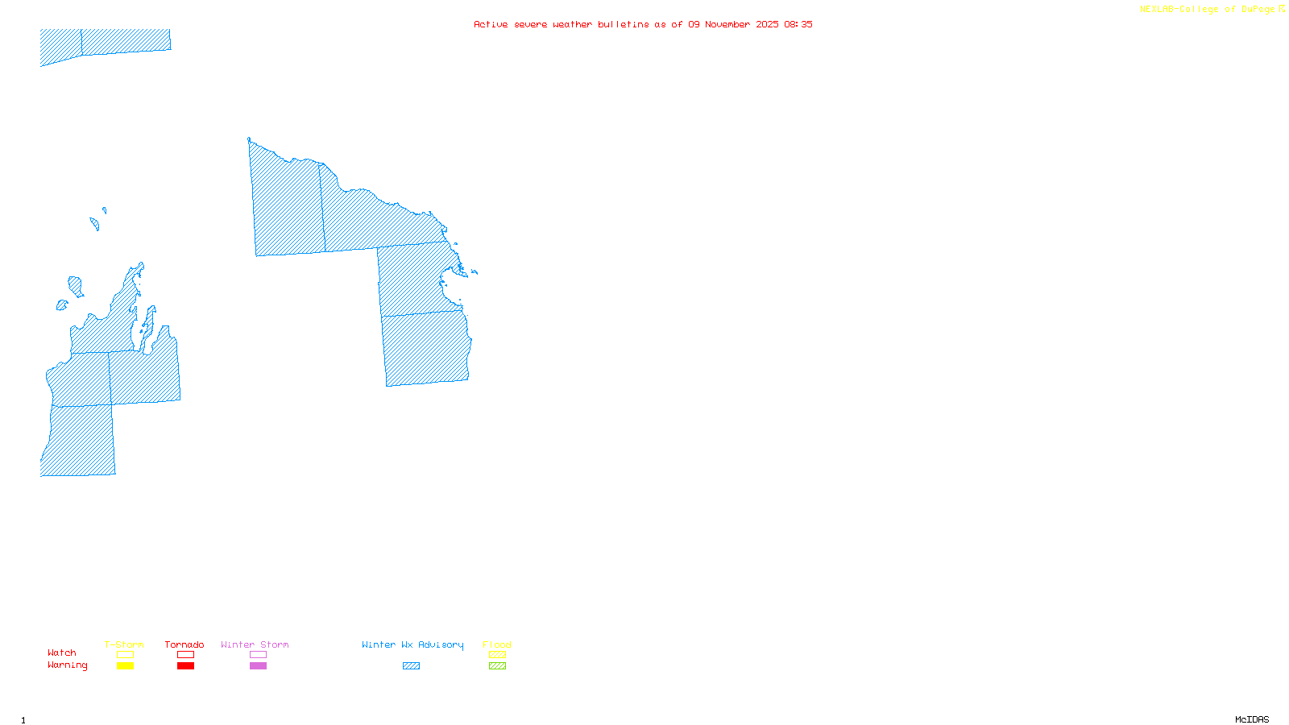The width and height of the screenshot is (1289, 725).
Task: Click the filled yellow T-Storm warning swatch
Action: (x=125, y=666)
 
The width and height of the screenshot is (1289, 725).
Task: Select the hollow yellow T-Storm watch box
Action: (x=125, y=655)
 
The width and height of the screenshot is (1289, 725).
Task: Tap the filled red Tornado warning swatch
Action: (x=185, y=666)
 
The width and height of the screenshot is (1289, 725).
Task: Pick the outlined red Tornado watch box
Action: (x=185, y=655)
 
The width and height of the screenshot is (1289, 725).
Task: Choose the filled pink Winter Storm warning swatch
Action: (x=258, y=666)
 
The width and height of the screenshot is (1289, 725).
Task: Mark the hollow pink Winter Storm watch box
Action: (x=258, y=655)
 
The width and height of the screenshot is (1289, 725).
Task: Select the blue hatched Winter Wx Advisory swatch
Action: (x=411, y=666)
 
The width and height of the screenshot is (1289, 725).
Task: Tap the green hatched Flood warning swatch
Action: (x=497, y=666)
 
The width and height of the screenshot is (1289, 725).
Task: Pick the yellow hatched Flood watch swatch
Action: (x=497, y=655)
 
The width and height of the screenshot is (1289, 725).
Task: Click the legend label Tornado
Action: (x=184, y=644)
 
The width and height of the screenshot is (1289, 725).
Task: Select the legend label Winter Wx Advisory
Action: (x=412, y=644)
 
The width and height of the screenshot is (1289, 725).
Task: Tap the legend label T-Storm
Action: (x=124, y=644)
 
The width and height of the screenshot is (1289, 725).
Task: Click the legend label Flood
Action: (x=497, y=644)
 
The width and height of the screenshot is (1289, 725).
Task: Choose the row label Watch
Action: (x=62, y=652)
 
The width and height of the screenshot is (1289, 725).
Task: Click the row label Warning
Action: (x=67, y=665)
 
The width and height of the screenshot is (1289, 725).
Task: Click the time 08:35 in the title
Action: (x=798, y=24)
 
